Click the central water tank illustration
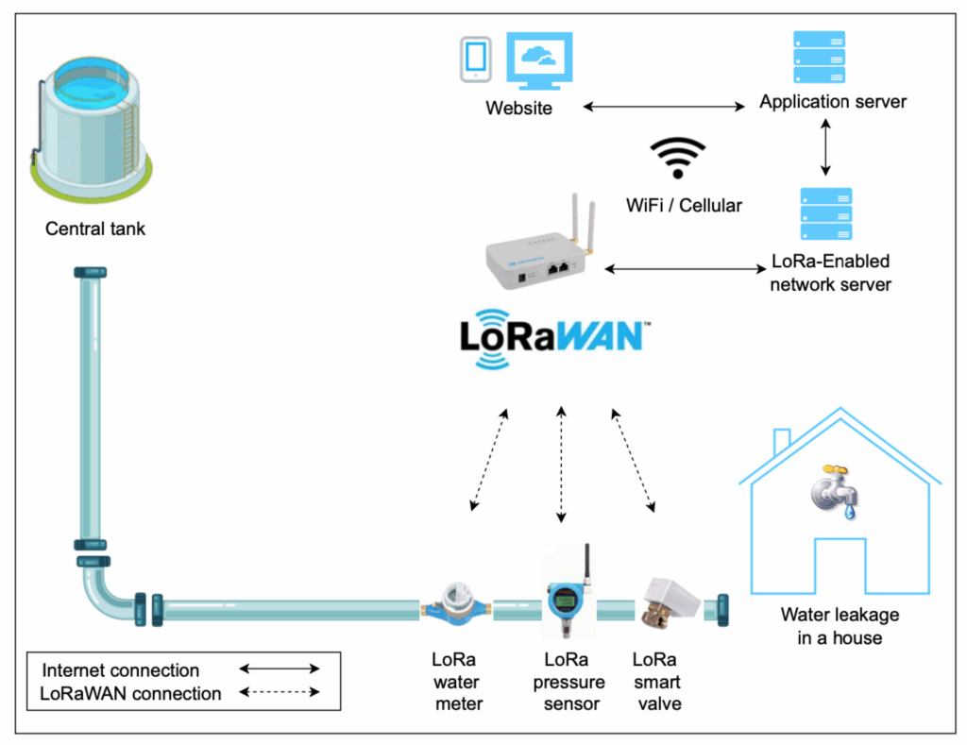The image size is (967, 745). click(x=93, y=123)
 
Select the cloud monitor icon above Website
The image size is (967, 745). click(x=539, y=61)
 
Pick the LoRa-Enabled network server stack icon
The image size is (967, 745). click(x=826, y=213)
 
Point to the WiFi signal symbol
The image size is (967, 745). click(x=678, y=158)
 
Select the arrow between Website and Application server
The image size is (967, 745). click(x=664, y=107)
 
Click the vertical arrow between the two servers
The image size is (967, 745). click(x=826, y=147)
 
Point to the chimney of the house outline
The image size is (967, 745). click(x=782, y=441)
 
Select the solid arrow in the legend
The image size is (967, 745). click(x=280, y=669)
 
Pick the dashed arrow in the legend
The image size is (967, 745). click(x=280, y=693)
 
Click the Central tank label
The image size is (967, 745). click(x=95, y=229)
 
